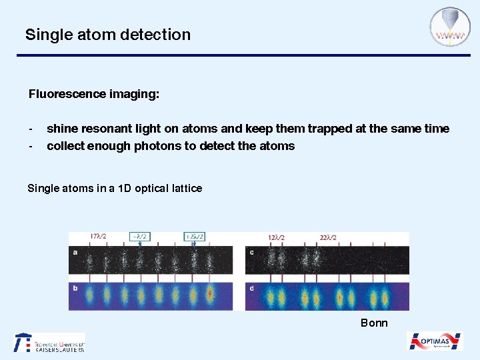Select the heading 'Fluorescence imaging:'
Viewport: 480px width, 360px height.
94,94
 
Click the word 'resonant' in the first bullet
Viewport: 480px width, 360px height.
99,129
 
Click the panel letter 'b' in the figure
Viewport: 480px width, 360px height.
75,288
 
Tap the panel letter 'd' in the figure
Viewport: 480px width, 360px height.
251,288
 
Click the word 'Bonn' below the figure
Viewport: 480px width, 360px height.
374,323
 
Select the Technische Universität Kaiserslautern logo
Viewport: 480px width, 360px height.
50,342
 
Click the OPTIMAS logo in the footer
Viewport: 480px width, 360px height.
435,341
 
